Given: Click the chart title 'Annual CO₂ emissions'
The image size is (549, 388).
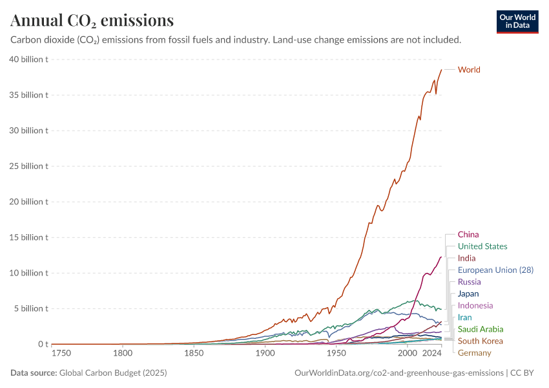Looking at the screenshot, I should [x=92, y=21].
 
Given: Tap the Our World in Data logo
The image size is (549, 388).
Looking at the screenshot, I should [x=517, y=21].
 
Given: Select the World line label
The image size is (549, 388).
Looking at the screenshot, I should [x=469, y=70].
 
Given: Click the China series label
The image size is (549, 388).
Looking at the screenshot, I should [x=468, y=235].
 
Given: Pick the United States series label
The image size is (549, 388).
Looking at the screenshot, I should [x=482, y=246].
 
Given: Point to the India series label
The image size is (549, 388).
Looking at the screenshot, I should [x=466, y=258].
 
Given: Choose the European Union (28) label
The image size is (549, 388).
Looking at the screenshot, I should [x=495, y=270].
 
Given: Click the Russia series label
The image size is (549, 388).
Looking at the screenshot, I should [x=469, y=282].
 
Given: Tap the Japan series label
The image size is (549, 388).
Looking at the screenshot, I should [x=468, y=294].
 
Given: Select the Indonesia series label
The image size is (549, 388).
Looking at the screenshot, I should [x=475, y=305].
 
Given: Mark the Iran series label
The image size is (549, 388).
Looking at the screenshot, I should [x=464, y=318].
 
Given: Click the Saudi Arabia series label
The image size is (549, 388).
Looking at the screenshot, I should [x=481, y=329].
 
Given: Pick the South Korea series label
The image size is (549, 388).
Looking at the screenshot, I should [x=480, y=341].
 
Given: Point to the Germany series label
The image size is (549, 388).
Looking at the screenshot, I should [x=475, y=353].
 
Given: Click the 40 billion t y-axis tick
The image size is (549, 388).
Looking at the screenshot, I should [x=30, y=59].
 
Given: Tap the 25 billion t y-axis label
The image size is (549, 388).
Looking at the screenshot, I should [x=30, y=166].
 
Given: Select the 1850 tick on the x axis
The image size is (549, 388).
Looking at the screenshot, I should [x=194, y=354].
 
